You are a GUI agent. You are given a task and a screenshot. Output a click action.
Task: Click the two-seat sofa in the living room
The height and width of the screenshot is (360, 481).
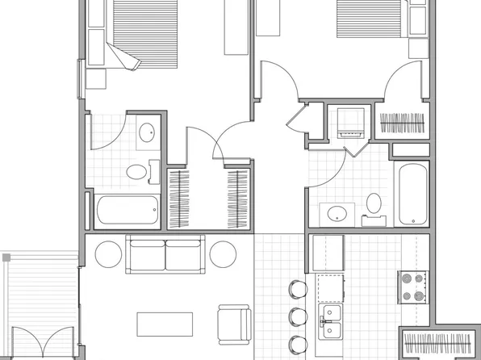click(x=165, y=255)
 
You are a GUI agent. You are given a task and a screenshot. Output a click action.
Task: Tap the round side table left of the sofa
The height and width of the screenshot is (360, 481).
click(x=108, y=254)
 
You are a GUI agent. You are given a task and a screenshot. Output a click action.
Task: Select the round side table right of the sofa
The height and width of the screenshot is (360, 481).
click(x=223, y=254)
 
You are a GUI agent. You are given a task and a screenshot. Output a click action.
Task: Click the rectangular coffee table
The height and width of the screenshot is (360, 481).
click(x=165, y=323)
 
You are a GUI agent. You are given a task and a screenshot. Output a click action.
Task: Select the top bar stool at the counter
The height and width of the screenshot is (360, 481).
click(x=298, y=289)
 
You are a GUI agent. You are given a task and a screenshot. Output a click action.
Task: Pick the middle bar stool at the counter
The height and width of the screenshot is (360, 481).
click(x=298, y=316)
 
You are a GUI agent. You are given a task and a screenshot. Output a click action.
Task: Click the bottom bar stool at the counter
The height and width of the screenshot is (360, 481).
click(x=298, y=345)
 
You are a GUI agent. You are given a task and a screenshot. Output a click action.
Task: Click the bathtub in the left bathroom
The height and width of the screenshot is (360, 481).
click(x=128, y=211)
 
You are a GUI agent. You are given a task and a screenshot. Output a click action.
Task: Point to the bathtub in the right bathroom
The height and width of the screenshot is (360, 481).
click(x=412, y=195)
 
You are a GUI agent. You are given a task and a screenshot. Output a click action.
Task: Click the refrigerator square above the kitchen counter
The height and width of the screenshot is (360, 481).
click(x=328, y=253)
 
